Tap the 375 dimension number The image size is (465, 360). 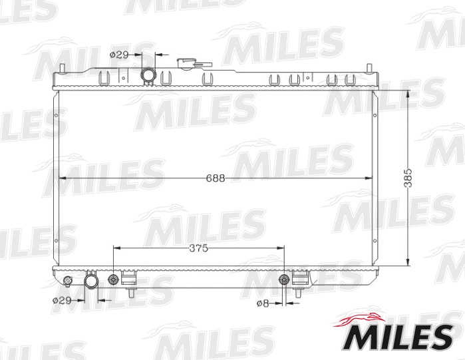point(198,248)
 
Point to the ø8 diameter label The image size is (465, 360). point(263,303)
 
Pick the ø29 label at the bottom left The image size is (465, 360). point(61,300)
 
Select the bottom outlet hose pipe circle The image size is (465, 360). point(91,282)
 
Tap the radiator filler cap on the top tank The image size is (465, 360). point(189,65)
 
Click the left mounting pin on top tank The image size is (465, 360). point(62,70)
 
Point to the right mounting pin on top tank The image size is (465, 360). point(368,70)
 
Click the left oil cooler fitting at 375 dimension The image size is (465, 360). point(114,278)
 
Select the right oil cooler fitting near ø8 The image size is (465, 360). point(284,279)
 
